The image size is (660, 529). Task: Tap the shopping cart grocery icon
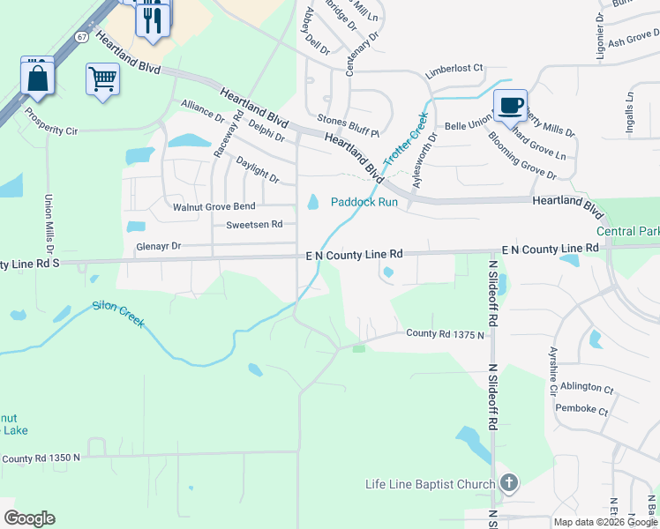(102, 79)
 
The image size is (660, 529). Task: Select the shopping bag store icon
(37, 77)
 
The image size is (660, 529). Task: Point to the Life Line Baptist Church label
(431, 484)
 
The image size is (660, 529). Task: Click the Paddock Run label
(364, 202)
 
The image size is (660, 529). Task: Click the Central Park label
(627, 232)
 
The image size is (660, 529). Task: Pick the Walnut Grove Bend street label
(214, 207)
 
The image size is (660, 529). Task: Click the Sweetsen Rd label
(254, 225)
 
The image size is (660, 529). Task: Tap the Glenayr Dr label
(158, 247)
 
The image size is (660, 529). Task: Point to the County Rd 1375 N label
(446, 334)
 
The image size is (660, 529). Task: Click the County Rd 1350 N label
(41, 458)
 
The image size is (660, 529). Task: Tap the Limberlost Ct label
(455, 68)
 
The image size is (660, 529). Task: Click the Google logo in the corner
(29, 518)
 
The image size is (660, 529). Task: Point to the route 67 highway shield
(81, 37)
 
